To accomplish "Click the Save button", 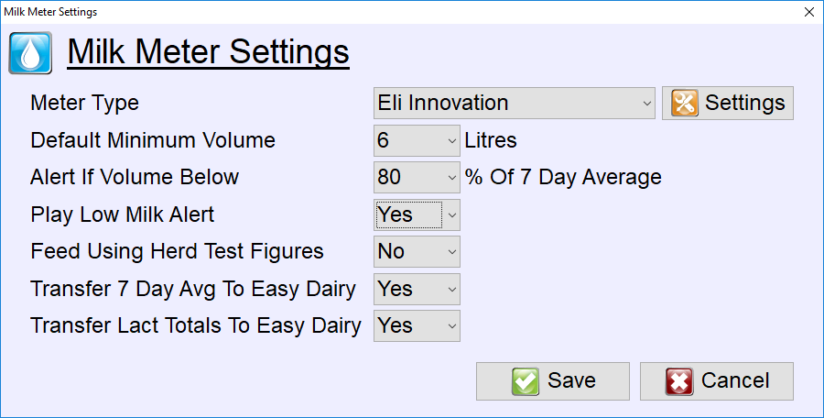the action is click(552, 381).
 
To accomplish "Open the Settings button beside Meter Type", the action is click(727, 104).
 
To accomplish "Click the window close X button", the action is click(809, 12).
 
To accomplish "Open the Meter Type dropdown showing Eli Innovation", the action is click(514, 104).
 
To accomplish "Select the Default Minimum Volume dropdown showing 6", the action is click(417, 140).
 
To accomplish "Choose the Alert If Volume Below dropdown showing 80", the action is click(417, 178).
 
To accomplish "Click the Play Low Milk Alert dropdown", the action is click(417, 214).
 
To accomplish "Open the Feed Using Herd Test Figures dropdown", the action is click(417, 252).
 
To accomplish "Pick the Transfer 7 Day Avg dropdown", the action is click(417, 289).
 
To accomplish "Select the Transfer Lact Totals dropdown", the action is click(417, 325).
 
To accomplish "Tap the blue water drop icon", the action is click(30, 52).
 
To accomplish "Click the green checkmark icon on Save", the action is click(525, 381).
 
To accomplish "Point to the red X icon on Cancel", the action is click(679, 381).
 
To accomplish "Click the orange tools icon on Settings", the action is click(685, 103).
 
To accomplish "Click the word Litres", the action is click(491, 140).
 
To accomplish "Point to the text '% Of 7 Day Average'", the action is click(563, 178).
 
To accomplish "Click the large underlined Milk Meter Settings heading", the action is click(208, 52).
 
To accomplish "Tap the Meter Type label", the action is click(84, 104).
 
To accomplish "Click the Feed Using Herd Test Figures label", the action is click(177, 252).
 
